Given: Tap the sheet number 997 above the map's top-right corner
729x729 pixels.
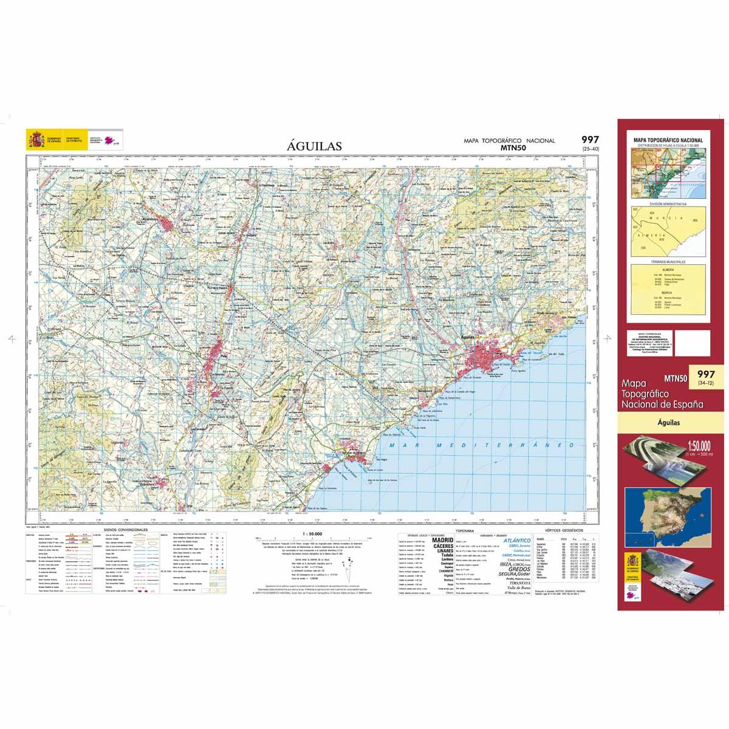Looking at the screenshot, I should click(x=590, y=140).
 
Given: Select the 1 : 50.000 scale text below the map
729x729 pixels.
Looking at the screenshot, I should click(x=312, y=533).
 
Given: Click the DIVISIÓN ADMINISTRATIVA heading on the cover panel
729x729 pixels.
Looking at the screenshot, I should click(x=668, y=204).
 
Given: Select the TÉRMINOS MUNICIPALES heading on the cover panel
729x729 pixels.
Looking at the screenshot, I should click(x=668, y=262).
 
